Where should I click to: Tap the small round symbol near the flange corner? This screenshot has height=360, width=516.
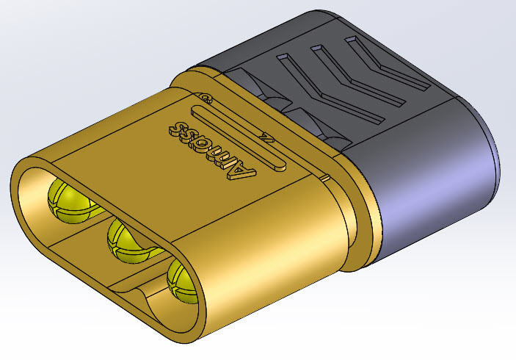(x=207, y=96)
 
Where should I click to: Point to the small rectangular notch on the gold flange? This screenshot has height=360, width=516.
(x=324, y=177)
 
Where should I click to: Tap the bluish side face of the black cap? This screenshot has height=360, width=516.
(x=433, y=191)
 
